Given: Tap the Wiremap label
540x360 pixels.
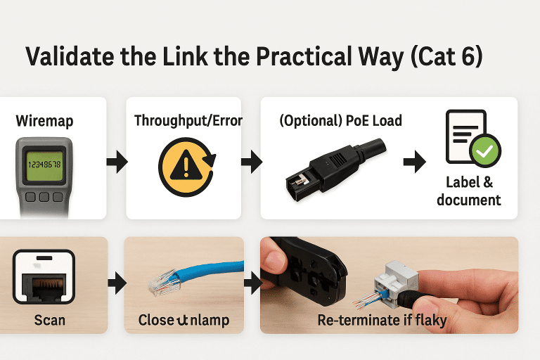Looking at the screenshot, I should pyautogui.click(x=44, y=121).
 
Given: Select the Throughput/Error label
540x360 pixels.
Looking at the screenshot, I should pyautogui.click(x=188, y=121).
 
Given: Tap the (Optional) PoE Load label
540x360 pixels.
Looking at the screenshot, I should pyautogui.click(x=340, y=121).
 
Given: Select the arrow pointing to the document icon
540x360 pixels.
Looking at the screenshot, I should pyautogui.click(x=415, y=163).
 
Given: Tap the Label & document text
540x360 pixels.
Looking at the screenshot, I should pyautogui.click(x=469, y=191).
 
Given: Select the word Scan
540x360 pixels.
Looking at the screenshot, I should pyautogui.click(x=49, y=320).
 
